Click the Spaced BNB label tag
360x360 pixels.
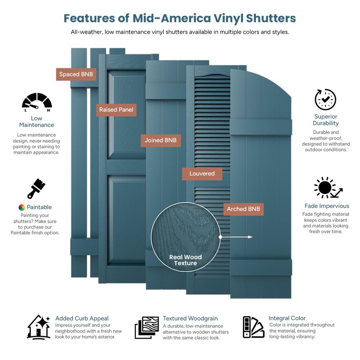(76, 74)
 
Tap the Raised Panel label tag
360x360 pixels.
(116, 110)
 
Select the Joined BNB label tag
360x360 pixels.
(161, 140)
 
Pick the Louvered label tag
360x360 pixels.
(202, 174)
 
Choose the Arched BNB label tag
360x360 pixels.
(243, 209)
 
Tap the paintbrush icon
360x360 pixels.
(36, 189)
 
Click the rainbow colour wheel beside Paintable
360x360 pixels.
(22, 207)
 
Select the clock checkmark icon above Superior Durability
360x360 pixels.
(325, 99)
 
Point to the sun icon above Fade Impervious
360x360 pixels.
(328, 188)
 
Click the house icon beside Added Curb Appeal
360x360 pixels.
(39, 327)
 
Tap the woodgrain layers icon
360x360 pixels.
(147, 328)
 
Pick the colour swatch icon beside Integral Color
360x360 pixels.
(253, 327)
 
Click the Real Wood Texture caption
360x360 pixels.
(185, 260)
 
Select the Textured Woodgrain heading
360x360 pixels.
(190, 319)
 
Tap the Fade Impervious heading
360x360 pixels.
(327, 206)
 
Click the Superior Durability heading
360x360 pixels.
(325, 120)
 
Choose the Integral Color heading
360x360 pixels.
(287, 318)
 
